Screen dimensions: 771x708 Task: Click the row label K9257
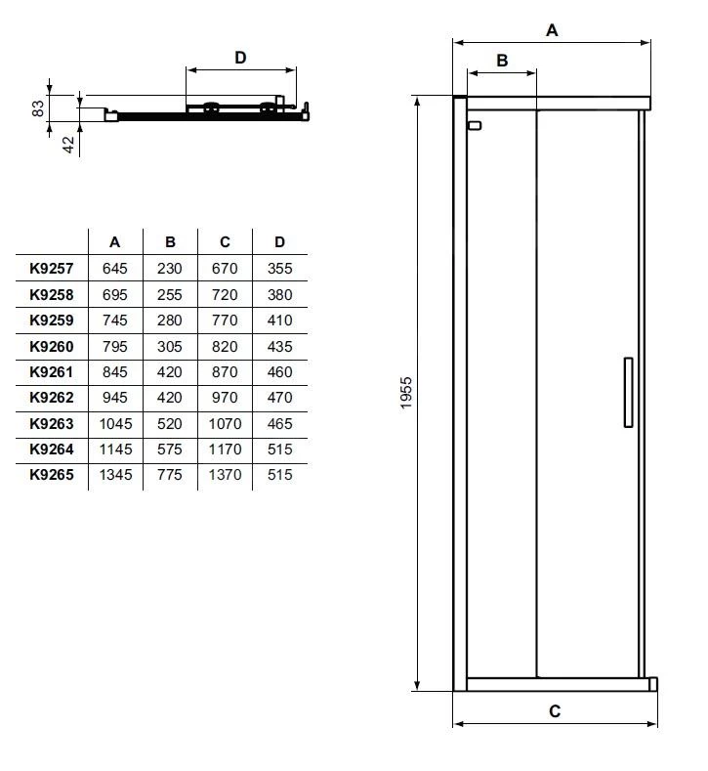[51, 268]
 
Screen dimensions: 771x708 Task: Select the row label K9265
[51, 475]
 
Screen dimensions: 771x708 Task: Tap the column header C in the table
[225, 242]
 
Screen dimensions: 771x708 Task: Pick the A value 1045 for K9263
[114, 423]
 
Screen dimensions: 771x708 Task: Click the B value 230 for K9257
[170, 268]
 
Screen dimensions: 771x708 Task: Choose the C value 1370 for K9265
[225, 475]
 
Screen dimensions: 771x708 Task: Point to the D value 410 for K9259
[280, 320]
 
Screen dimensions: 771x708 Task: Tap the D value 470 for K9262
[280, 398]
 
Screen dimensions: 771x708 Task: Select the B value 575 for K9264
[170, 450]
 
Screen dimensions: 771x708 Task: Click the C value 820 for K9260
[225, 346]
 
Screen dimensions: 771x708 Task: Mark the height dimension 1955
[407, 393]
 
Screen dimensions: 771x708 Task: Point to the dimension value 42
[68, 146]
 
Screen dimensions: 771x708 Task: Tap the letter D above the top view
[240, 58]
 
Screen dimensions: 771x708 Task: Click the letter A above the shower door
[552, 30]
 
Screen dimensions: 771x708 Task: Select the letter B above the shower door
[502, 61]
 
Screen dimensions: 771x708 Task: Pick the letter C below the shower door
[555, 711]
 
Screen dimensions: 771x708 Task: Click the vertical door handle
[628, 392]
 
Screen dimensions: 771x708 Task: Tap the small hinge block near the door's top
[476, 125]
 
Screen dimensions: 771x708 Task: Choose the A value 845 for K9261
[114, 371]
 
